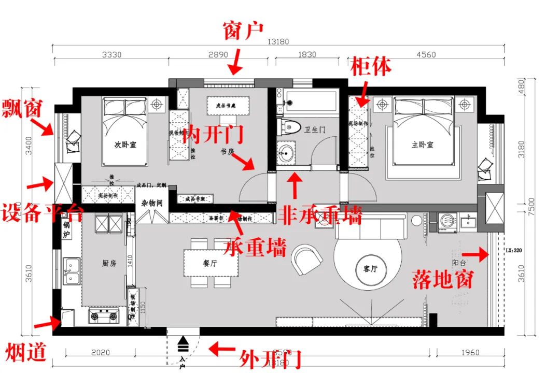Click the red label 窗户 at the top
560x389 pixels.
coord(243,31)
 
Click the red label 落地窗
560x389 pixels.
coord(443,280)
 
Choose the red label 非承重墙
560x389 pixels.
coord(320,214)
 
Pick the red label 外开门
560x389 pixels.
coord(270,359)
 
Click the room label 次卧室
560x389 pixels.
coord(125,145)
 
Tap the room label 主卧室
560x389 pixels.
coord(422,145)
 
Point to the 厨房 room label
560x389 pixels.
coord(108,263)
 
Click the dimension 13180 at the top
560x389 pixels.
coord(278,42)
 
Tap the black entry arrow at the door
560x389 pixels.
coord(183,343)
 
